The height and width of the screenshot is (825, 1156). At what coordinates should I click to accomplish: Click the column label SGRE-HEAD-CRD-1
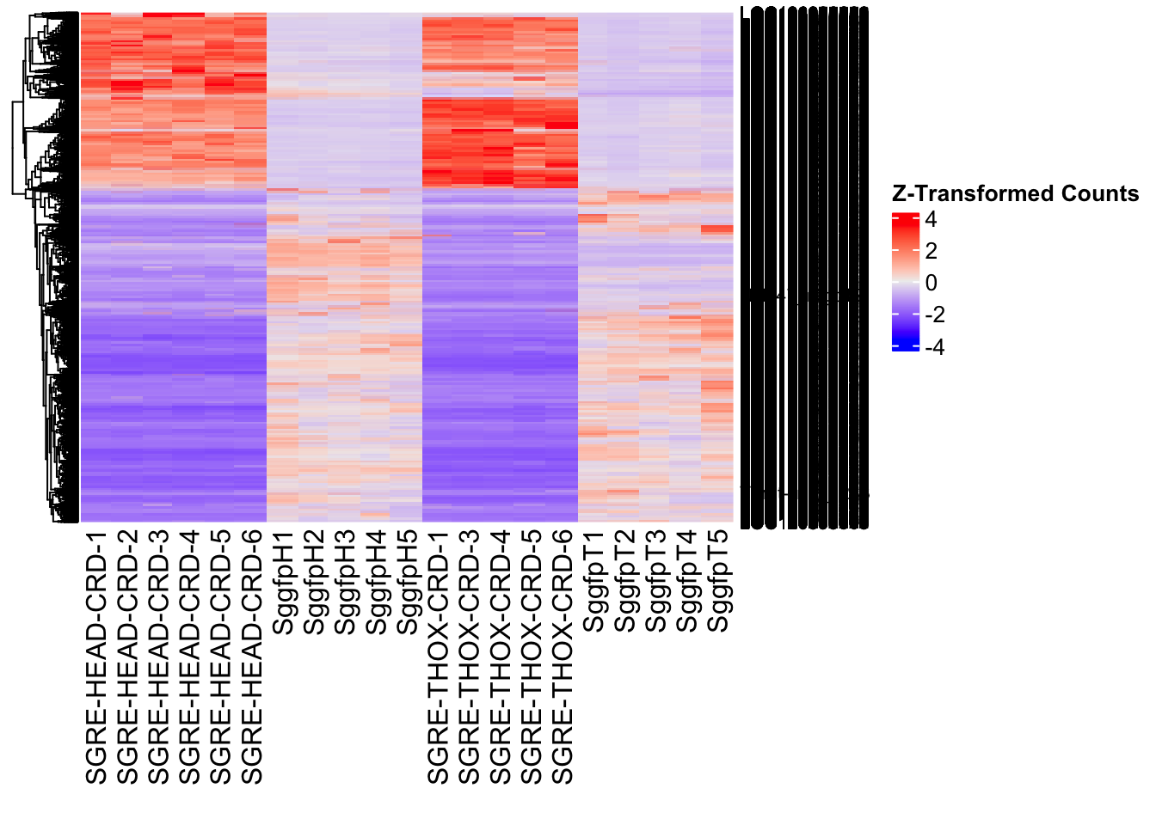coord(96,657)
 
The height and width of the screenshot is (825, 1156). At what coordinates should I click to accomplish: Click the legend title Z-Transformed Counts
coord(1015,193)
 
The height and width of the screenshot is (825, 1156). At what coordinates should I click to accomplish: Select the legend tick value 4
coord(931,219)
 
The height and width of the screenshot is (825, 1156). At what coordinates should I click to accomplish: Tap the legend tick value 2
coord(931,251)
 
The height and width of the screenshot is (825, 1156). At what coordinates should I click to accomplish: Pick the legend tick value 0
coord(931,283)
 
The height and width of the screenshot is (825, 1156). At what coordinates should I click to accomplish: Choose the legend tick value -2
coord(934,315)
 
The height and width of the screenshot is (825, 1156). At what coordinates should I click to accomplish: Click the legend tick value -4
coord(934,347)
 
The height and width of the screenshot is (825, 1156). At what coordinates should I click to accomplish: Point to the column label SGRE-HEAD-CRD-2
coord(127,657)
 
